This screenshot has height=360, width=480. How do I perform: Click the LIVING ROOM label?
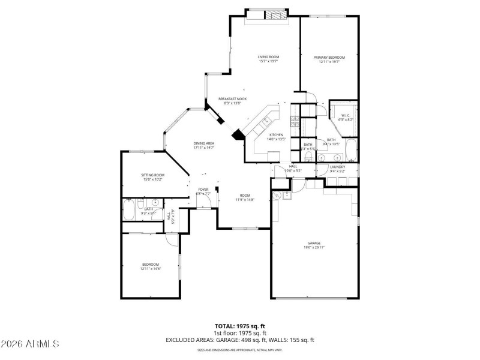click(x=269, y=57)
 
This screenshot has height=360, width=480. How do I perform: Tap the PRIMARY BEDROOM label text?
click(x=329, y=57)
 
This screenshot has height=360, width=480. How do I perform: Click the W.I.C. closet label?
click(x=346, y=115)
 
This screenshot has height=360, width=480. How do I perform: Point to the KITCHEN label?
click(x=276, y=134)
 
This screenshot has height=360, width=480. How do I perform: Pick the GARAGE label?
click(x=314, y=243)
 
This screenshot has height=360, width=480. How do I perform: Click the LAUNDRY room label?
click(x=337, y=167)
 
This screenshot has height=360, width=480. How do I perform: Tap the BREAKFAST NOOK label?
click(x=232, y=99)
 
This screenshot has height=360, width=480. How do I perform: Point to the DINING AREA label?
click(x=204, y=143)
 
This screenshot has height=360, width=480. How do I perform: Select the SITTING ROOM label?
click(x=153, y=175)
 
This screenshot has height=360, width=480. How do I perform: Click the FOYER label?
click(x=203, y=189)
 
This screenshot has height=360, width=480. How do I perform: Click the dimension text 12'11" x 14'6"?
click(x=151, y=269)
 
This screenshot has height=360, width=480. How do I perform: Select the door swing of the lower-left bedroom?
click(x=172, y=238)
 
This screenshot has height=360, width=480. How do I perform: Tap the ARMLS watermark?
click(x=30, y=344)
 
